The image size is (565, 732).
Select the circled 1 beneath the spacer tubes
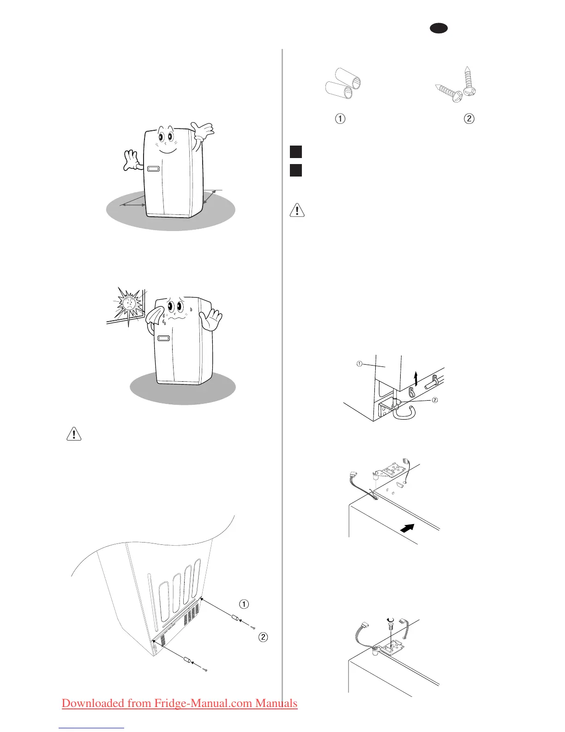click(x=340, y=119)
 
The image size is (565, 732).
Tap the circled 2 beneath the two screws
click(x=469, y=119)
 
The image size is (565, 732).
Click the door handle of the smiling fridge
click(x=153, y=169)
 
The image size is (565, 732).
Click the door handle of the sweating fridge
click(x=163, y=338)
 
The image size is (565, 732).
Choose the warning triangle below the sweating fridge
click(x=74, y=434)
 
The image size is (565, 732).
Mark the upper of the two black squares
click(x=296, y=152)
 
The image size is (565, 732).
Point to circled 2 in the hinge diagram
click(x=434, y=400)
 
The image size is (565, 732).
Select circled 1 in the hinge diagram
click(x=359, y=364)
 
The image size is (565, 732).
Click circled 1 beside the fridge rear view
click(x=244, y=604)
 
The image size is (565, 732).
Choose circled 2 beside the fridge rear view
click(x=263, y=637)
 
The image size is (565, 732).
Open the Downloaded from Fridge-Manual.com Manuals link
click(x=180, y=703)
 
